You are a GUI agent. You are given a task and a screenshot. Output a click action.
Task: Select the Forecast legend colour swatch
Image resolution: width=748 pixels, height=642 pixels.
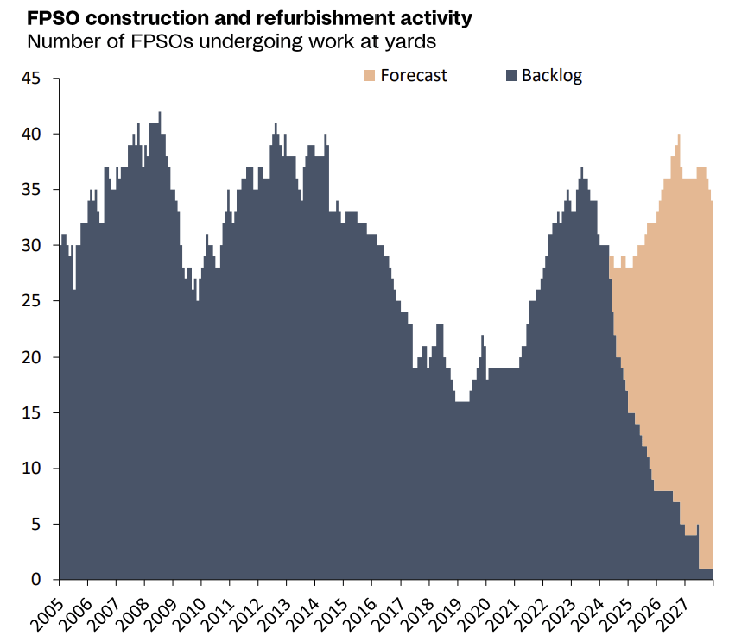pos(369,76)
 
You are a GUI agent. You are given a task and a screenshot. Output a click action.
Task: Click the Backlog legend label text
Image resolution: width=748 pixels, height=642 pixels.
pos(551,76)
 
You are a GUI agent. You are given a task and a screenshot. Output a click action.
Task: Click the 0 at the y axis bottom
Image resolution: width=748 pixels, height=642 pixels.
pos(47,580)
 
